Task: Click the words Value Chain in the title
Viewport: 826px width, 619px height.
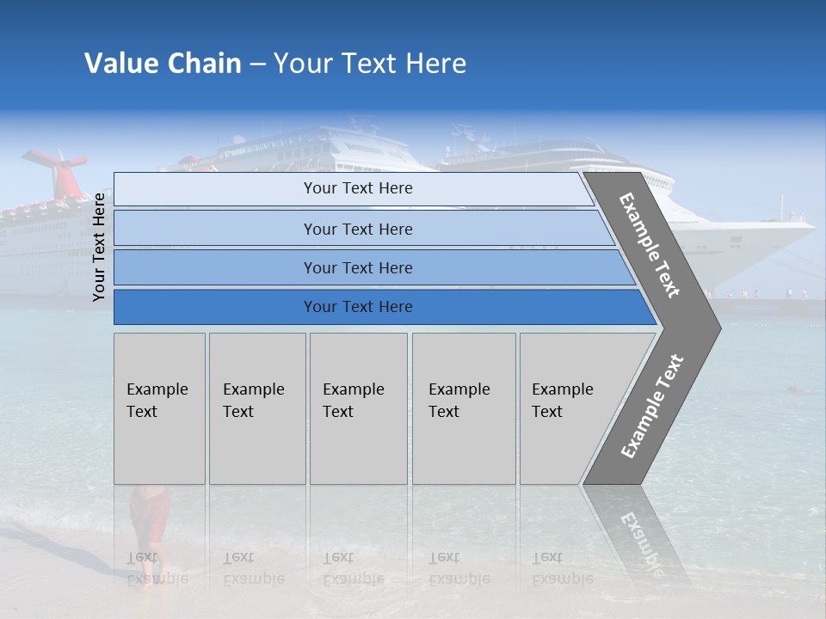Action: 163,64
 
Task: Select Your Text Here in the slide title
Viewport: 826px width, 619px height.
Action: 370,64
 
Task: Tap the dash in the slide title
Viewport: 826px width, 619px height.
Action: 257,64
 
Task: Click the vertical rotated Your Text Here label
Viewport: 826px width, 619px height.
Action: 100,247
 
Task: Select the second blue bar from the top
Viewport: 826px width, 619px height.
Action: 358,229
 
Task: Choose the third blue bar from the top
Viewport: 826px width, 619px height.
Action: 358,267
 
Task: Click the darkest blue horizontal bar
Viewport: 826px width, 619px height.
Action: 358,307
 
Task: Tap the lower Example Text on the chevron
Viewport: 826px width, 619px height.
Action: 652,406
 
